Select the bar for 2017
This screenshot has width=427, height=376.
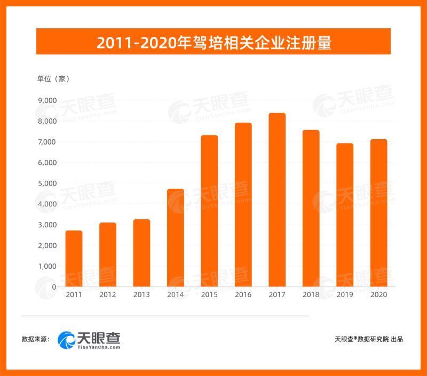pyautogui.click(x=276, y=200)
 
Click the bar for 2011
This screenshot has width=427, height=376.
pyautogui.click(x=74, y=259)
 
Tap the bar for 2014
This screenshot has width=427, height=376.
pyautogui.click(x=175, y=238)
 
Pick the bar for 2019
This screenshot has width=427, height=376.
pyautogui.click(x=345, y=215)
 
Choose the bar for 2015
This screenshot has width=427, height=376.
pyautogui.click(x=209, y=211)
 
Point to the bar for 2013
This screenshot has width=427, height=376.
pyautogui.click(x=141, y=253)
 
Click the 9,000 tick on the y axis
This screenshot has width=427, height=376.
pyautogui.click(x=48, y=100)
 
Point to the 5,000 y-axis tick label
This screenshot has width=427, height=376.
pyautogui.click(x=48, y=183)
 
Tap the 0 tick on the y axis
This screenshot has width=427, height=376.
pyautogui.click(x=54, y=287)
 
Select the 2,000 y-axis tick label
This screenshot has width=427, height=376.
pyautogui.click(x=48, y=245)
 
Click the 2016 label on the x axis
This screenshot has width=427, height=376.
pyautogui.click(x=243, y=295)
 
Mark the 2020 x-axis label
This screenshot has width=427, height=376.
pyautogui.click(x=378, y=295)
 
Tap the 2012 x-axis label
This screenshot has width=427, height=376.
pyautogui.click(x=107, y=295)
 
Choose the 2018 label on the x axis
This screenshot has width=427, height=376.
pyautogui.click(x=311, y=295)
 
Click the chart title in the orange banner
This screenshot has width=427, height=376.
pyautogui.click(x=213, y=42)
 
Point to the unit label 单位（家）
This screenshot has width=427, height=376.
pyautogui.click(x=53, y=79)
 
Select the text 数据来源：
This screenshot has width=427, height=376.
pyautogui.click(x=36, y=339)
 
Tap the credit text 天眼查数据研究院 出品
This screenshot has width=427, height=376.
pyautogui.click(x=368, y=339)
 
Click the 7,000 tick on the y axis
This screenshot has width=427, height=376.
pyautogui.click(x=48, y=142)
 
